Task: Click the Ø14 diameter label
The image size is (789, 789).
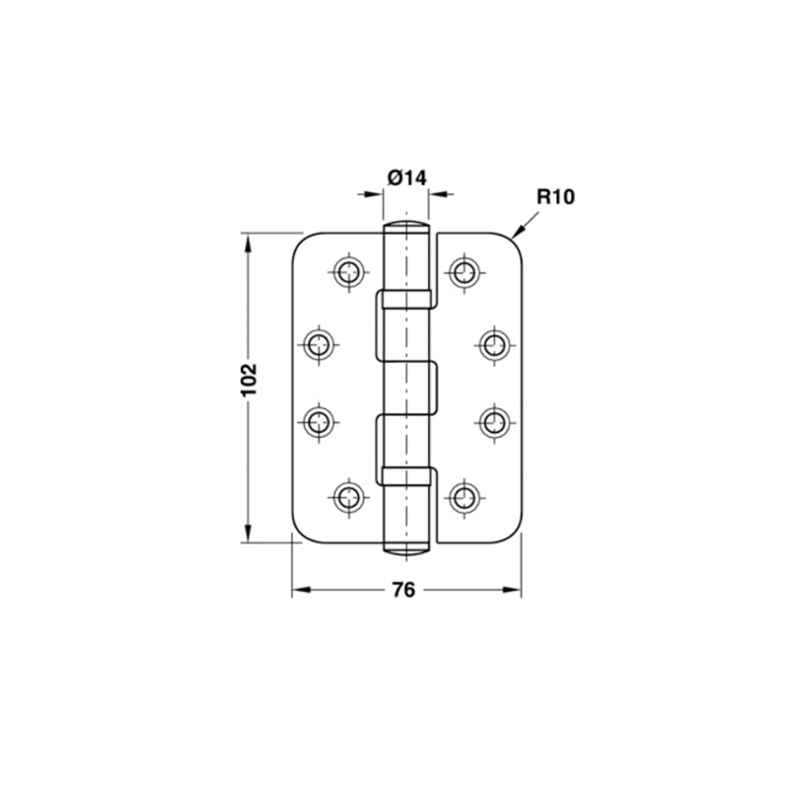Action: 407,178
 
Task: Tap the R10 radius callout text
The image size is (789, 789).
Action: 555,196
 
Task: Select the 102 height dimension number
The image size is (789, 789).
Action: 250,379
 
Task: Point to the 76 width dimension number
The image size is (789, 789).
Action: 403,590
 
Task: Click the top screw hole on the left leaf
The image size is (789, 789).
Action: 348,273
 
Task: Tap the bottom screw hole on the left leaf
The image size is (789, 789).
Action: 348,498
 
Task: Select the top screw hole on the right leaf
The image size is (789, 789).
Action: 463,273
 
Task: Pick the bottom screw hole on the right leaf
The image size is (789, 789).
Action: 463,498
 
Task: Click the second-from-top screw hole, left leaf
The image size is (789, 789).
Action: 319,345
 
